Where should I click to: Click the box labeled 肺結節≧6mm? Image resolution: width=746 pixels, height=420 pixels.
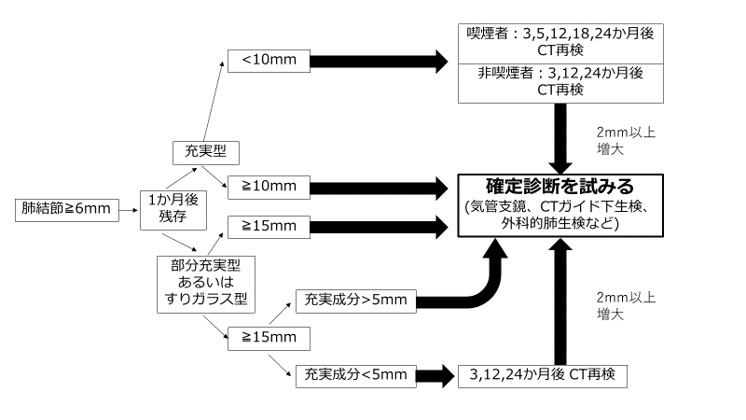(64, 209)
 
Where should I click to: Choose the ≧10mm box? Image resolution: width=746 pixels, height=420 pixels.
(266, 187)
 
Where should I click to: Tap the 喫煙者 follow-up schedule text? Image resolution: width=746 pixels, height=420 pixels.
(559, 41)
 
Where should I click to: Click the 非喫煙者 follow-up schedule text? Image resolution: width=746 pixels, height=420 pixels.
(559, 81)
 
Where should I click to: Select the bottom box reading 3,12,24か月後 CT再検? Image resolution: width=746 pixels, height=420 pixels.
(542, 375)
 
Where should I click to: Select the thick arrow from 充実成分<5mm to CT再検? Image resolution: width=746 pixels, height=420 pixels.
(433, 375)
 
